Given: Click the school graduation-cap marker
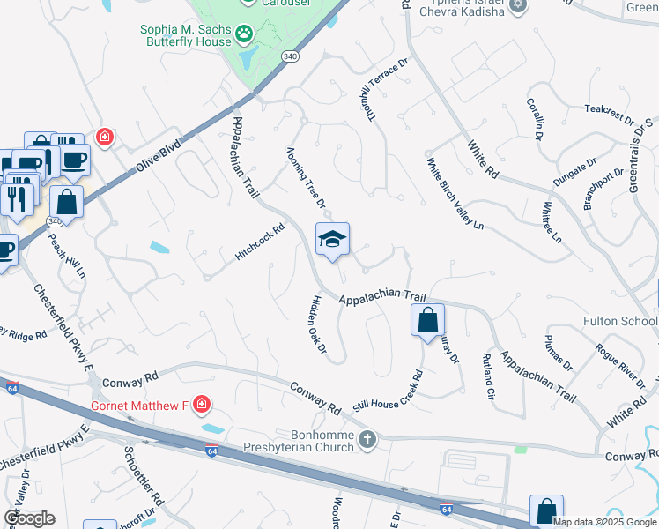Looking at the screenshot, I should coord(332,239).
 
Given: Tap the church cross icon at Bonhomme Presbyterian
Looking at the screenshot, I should coord(367,438).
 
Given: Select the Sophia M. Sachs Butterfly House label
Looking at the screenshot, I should coord(187,34).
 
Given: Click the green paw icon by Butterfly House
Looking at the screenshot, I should coord(244,35).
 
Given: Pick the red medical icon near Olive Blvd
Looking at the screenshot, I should coord(105,138).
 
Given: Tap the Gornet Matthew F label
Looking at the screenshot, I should coord(140,406).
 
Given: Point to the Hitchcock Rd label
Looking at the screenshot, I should coord(260,242).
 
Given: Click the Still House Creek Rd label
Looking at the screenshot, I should coord(389,390).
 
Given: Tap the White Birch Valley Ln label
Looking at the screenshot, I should coord(455,194).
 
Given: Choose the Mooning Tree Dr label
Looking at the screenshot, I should coord(306,177).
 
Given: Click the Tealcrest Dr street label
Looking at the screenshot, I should coord(609,115).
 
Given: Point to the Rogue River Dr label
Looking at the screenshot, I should coord(619,364).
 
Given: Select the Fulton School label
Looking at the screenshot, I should coord(620,322).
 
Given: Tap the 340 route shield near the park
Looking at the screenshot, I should coord(290,56).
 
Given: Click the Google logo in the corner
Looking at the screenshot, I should coord(29,518).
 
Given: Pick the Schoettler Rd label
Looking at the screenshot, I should coord(144,481).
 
